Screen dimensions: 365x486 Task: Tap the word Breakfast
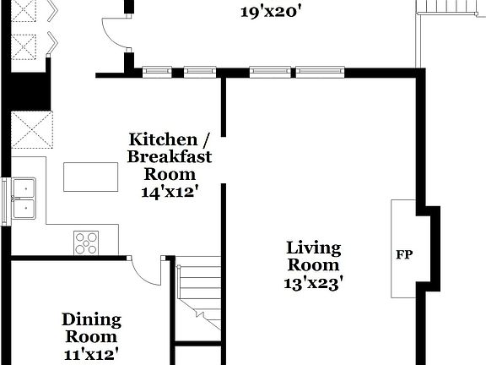pyautogui.click(x=170, y=156)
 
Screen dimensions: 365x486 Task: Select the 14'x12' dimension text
pyautogui.click(x=170, y=192)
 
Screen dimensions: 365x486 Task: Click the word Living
pyautogui.click(x=314, y=248)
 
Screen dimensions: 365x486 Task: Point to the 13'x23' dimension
pyautogui.click(x=313, y=283)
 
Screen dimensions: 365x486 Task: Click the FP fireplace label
pyautogui.click(x=404, y=253)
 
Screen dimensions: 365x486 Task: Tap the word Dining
pyautogui.click(x=91, y=320)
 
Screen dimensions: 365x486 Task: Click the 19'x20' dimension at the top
pyautogui.click(x=270, y=12)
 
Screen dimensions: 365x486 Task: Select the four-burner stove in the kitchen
pyautogui.click(x=86, y=242)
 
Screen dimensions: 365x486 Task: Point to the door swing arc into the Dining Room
pyautogui.click(x=150, y=272)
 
